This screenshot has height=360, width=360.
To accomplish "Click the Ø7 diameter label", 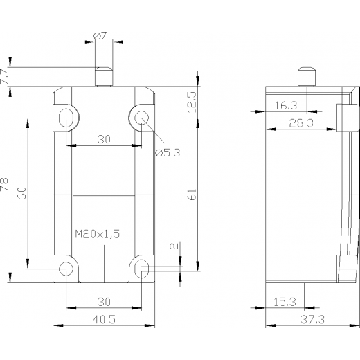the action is [x=100, y=36].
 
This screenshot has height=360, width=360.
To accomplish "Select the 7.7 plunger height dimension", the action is [x=5, y=76].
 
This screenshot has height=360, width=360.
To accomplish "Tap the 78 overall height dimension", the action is [x=4, y=184].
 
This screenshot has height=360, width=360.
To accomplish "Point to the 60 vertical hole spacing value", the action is [x=23, y=193].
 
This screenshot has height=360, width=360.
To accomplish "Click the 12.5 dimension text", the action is [x=192, y=102].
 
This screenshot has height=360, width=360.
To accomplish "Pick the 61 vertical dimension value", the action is [x=192, y=195].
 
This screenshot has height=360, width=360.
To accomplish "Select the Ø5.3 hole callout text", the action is [x=168, y=153].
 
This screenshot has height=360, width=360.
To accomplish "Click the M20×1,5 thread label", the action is [x=98, y=234].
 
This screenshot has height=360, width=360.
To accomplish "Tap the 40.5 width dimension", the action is [x=104, y=320].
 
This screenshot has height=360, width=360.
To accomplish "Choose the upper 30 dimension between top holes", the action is [x=104, y=139].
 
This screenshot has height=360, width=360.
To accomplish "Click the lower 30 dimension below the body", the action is [x=104, y=302].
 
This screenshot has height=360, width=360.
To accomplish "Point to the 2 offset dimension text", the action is [x=174, y=246].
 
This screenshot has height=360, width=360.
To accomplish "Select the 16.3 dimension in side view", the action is [x=286, y=106].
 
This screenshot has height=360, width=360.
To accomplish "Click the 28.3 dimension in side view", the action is [x=301, y=123].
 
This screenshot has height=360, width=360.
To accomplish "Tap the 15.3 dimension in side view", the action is [x=285, y=302].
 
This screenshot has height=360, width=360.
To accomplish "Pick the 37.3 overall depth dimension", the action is [x=312, y=320].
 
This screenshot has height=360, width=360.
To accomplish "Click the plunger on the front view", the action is [x=104, y=77].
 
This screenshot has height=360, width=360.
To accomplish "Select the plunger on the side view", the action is [x=307, y=77].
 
